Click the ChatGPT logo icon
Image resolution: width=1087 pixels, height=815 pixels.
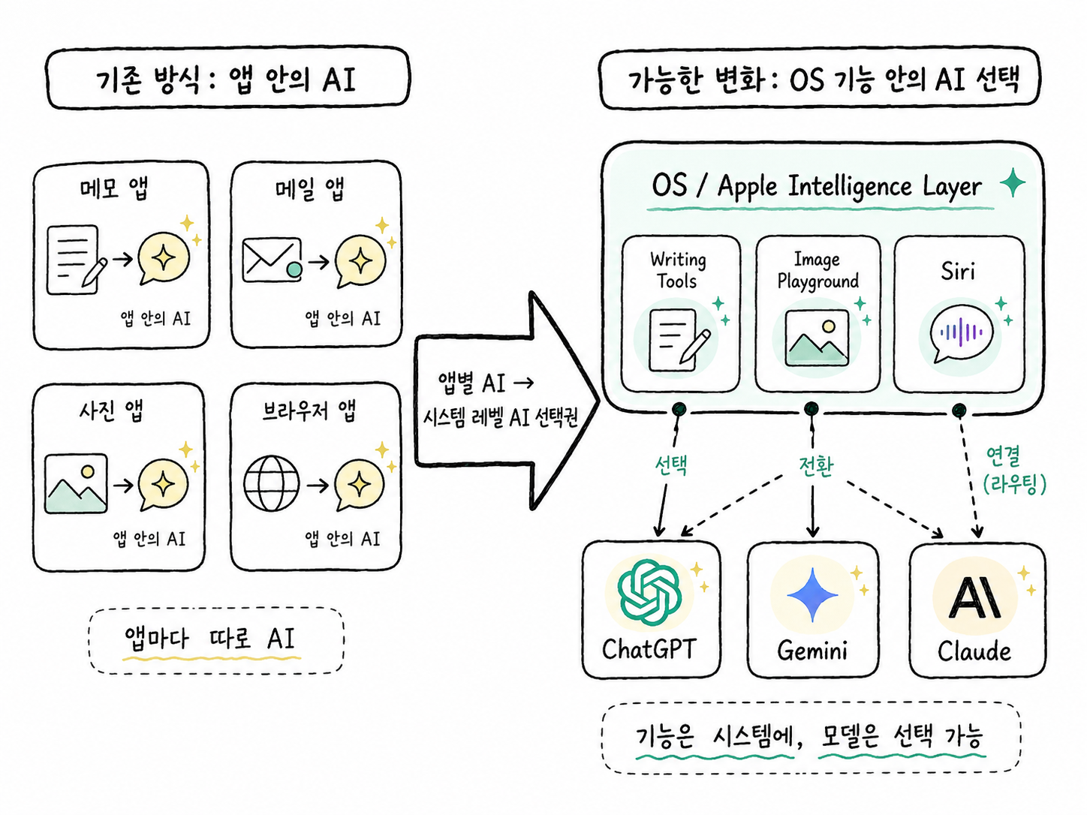[649, 591]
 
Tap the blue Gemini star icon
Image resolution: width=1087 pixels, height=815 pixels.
[812, 594]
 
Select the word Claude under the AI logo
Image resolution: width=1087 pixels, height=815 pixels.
[974, 651]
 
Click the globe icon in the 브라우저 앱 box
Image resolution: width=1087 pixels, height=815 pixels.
[272, 483]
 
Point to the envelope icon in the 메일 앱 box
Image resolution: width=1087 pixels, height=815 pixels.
[272, 260]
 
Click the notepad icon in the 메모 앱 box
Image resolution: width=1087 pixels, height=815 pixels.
[77, 260]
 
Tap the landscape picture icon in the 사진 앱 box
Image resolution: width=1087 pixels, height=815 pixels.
[76, 483]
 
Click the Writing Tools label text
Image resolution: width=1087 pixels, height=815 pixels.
[678, 269]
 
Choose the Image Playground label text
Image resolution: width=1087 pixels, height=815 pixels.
[818, 269]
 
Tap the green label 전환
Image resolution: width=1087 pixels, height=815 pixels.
[816, 465]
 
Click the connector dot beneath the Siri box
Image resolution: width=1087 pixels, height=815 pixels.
[959, 411]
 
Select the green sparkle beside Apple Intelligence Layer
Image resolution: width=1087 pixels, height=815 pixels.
[1013, 182]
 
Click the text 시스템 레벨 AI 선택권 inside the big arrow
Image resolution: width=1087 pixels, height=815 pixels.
[500, 418]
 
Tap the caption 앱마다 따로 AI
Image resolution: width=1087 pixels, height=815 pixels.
[209, 639]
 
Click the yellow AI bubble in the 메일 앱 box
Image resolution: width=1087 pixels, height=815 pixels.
[360, 260]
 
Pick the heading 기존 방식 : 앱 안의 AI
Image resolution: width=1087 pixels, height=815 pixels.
[226, 80]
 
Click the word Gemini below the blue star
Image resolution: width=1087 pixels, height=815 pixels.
[812, 650]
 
